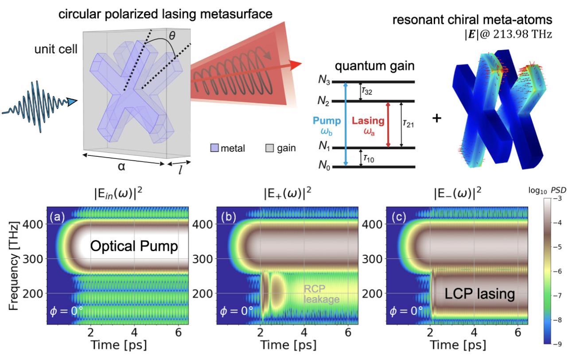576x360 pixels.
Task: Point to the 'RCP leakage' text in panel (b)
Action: click(321, 294)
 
